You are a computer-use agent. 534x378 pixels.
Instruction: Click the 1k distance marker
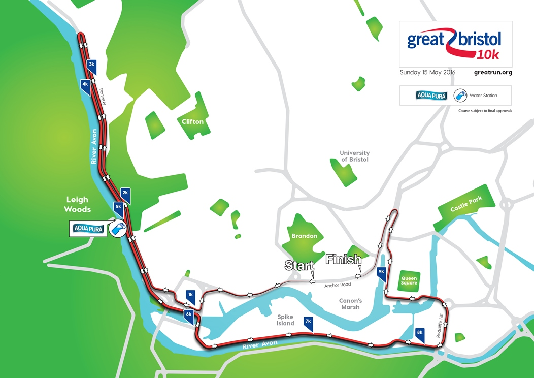[x=190, y=295]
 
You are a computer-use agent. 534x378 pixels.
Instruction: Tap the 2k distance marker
[x=125, y=193]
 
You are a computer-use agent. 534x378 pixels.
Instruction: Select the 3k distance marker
[x=91, y=65]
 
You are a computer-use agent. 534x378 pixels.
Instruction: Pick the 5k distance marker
[x=118, y=207]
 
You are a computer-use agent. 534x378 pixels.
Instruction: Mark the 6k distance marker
[x=188, y=314]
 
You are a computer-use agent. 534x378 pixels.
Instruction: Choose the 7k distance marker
[x=308, y=322]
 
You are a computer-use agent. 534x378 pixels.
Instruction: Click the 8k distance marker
[x=419, y=333]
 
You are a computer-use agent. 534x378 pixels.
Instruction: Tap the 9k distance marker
[x=382, y=273]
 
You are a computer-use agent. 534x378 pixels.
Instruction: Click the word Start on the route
[x=296, y=265]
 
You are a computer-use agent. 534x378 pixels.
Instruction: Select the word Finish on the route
[x=343, y=259]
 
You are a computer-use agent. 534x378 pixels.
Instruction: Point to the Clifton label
[x=193, y=122]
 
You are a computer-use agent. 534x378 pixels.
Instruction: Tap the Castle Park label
[x=465, y=203]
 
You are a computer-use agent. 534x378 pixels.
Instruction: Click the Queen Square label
[x=409, y=281]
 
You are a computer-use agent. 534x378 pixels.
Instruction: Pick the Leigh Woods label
[x=77, y=205]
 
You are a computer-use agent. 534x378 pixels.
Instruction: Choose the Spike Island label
[x=285, y=320]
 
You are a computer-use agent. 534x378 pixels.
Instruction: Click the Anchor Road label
[x=337, y=286]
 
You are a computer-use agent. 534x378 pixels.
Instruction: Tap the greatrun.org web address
[x=492, y=72]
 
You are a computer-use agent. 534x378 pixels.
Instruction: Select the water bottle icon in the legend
[x=460, y=96]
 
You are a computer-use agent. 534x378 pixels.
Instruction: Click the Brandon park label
[x=304, y=236]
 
